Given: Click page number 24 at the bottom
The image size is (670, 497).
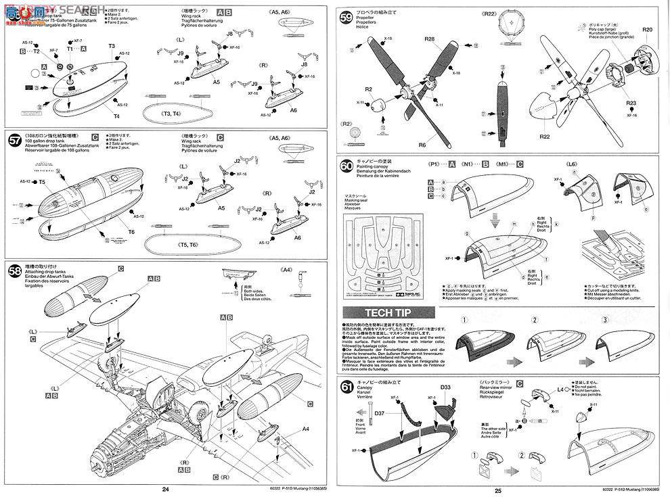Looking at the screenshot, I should click(x=164, y=490).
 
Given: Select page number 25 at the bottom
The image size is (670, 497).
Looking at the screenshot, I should click(x=498, y=490).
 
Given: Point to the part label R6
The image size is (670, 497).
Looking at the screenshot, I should click(x=422, y=144).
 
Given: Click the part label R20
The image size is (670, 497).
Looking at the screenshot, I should click(x=647, y=31).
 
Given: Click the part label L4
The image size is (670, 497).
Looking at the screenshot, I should click(x=560, y=391).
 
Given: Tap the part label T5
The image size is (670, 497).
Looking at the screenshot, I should click(x=42, y=182).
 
